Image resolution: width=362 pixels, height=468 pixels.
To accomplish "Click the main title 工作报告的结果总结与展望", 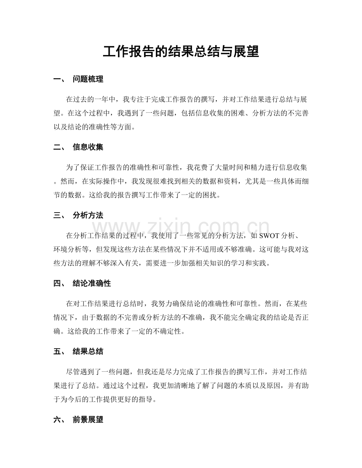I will click(181, 51).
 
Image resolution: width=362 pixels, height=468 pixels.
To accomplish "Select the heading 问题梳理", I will click(88, 80).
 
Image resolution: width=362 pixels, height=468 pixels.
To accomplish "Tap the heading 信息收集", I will click(88, 148).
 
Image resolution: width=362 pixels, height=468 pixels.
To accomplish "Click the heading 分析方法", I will click(88, 216).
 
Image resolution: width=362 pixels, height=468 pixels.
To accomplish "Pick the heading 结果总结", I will click(88, 352).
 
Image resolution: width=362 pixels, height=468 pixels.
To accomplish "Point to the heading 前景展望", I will click(88, 420).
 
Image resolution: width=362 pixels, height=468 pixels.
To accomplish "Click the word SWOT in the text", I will click(270, 235).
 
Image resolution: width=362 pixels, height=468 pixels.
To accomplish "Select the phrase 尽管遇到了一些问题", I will click(100, 371).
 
